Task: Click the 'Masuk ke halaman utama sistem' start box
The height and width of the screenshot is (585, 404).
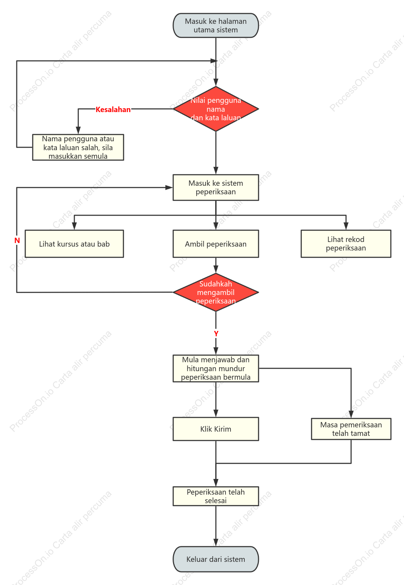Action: [x=216, y=25]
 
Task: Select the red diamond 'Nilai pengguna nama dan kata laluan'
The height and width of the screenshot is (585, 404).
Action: [x=216, y=109]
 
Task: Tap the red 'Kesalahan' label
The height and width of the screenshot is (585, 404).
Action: [x=113, y=110]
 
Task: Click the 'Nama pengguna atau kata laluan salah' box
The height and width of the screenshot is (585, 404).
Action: [x=78, y=147]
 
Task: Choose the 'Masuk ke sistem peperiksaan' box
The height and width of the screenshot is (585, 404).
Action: [x=216, y=188]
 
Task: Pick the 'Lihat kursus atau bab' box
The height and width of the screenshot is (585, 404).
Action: [x=74, y=244]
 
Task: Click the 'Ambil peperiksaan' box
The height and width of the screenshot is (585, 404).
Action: [x=216, y=244]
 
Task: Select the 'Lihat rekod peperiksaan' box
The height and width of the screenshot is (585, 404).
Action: [x=346, y=244]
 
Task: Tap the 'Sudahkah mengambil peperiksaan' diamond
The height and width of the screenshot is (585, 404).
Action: [x=216, y=292]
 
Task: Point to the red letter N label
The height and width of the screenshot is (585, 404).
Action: [x=17, y=240]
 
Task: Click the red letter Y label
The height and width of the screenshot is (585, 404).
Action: [x=216, y=333]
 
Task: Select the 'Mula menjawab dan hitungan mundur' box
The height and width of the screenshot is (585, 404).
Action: [x=216, y=369]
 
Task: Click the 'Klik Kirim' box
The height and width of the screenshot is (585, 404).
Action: [x=216, y=429]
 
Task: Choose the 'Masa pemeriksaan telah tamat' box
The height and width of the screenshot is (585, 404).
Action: [x=351, y=429]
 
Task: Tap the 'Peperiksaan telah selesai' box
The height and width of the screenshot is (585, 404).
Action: [x=216, y=496]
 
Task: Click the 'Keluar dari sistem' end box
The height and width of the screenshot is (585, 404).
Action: [x=216, y=559]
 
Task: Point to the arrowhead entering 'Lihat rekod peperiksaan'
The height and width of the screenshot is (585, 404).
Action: [x=346, y=226]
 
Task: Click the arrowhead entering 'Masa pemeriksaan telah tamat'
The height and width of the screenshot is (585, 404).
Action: [x=351, y=415]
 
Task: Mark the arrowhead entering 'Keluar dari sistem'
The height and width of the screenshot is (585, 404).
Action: [x=216, y=543]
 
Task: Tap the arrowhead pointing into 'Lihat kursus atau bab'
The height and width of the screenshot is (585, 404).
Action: [x=74, y=226]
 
